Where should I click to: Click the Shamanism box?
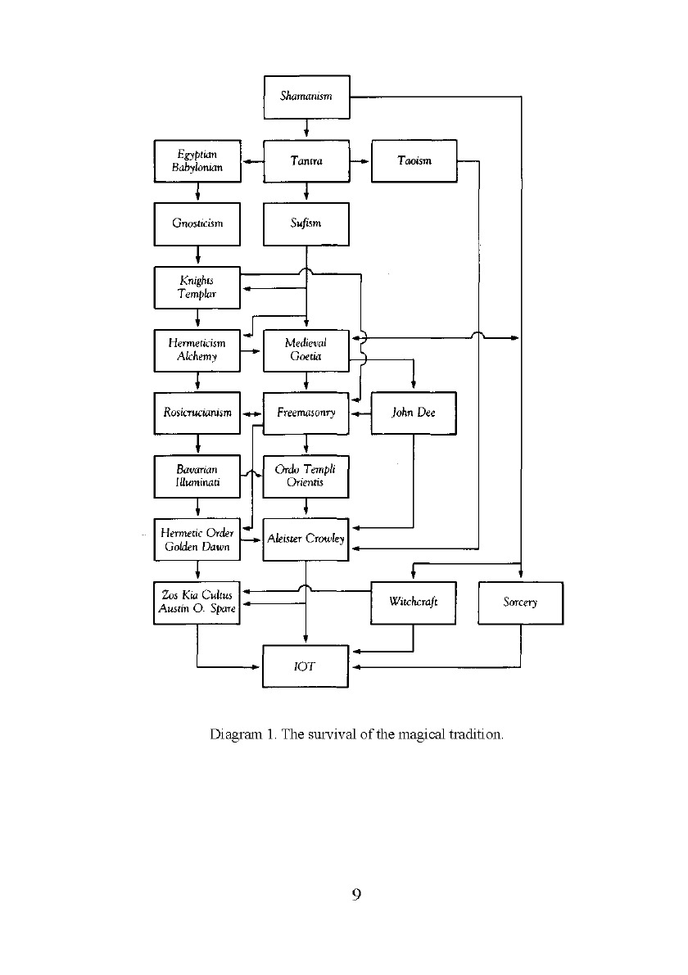tap(306, 97)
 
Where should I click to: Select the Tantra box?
tap(306, 161)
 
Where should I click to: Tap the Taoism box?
tap(414, 161)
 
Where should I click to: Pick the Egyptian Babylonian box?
tap(197, 161)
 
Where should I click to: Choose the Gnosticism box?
tap(197, 223)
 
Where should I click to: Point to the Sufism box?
tap(306, 223)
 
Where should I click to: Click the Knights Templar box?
tap(197, 287)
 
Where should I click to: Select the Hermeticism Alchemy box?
tap(197, 350)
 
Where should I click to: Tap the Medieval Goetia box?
tap(306, 350)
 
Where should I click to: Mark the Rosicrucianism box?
tap(197, 413)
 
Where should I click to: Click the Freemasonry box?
tap(306, 413)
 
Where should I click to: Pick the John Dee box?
tap(414, 413)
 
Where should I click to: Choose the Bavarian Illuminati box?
tap(197, 476)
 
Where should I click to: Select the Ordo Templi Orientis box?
tap(306, 476)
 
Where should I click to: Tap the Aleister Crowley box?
tap(306, 539)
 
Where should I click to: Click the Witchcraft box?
tap(414, 603)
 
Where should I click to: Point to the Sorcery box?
tap(521, 603)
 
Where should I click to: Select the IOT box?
tap(306, 666)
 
